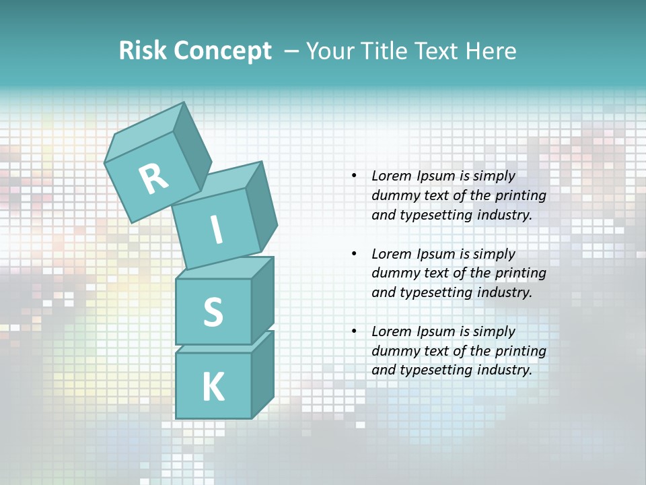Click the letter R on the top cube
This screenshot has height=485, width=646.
tap(153, 179)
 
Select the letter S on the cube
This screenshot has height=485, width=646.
tap(213, 312)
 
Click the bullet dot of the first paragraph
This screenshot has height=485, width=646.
tap(354, 176)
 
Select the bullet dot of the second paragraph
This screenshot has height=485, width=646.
tap(354, 254)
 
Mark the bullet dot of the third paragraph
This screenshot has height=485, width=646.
tap(354, 331)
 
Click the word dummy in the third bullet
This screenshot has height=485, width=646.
tap(394, 351)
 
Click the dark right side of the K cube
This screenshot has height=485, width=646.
tap(262, 374)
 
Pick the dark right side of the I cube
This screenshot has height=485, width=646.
tap(261, 205)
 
